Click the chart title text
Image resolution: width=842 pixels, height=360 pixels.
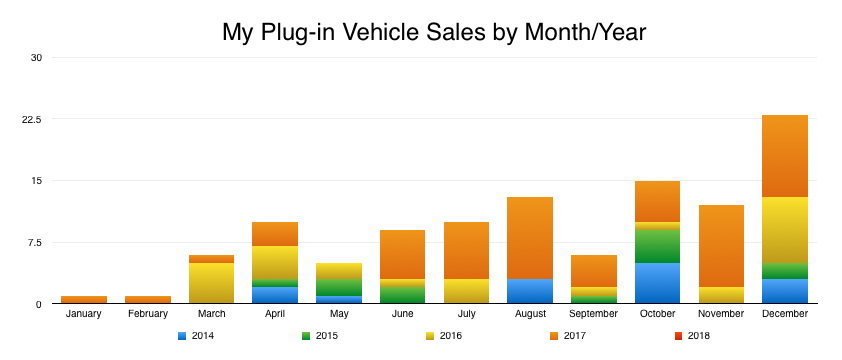[434, 32]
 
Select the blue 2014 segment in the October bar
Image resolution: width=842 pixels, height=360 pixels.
[657, 283]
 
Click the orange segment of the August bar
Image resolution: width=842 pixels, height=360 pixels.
[529, 238]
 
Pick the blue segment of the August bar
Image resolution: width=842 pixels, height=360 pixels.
[529, 291]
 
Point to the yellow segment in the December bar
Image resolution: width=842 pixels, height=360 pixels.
[785, 230]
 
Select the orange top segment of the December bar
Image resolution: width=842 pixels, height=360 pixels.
[785, 156]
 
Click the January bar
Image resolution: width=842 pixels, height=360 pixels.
[84, 299]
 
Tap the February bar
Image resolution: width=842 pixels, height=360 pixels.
[148, 299]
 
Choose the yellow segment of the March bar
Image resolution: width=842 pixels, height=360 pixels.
[211, 283]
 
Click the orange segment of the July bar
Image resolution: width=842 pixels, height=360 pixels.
[465, 250]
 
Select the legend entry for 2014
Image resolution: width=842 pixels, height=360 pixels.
[197, 336]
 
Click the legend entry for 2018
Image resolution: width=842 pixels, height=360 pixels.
[692, 336]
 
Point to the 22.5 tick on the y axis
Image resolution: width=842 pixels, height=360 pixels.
[34, 119]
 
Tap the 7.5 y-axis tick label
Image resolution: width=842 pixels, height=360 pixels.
[36, 242]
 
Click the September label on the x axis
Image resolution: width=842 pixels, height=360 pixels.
[593, 314]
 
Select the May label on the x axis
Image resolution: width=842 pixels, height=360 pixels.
[339, 314]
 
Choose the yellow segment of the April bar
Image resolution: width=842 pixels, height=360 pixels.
[275, 263]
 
